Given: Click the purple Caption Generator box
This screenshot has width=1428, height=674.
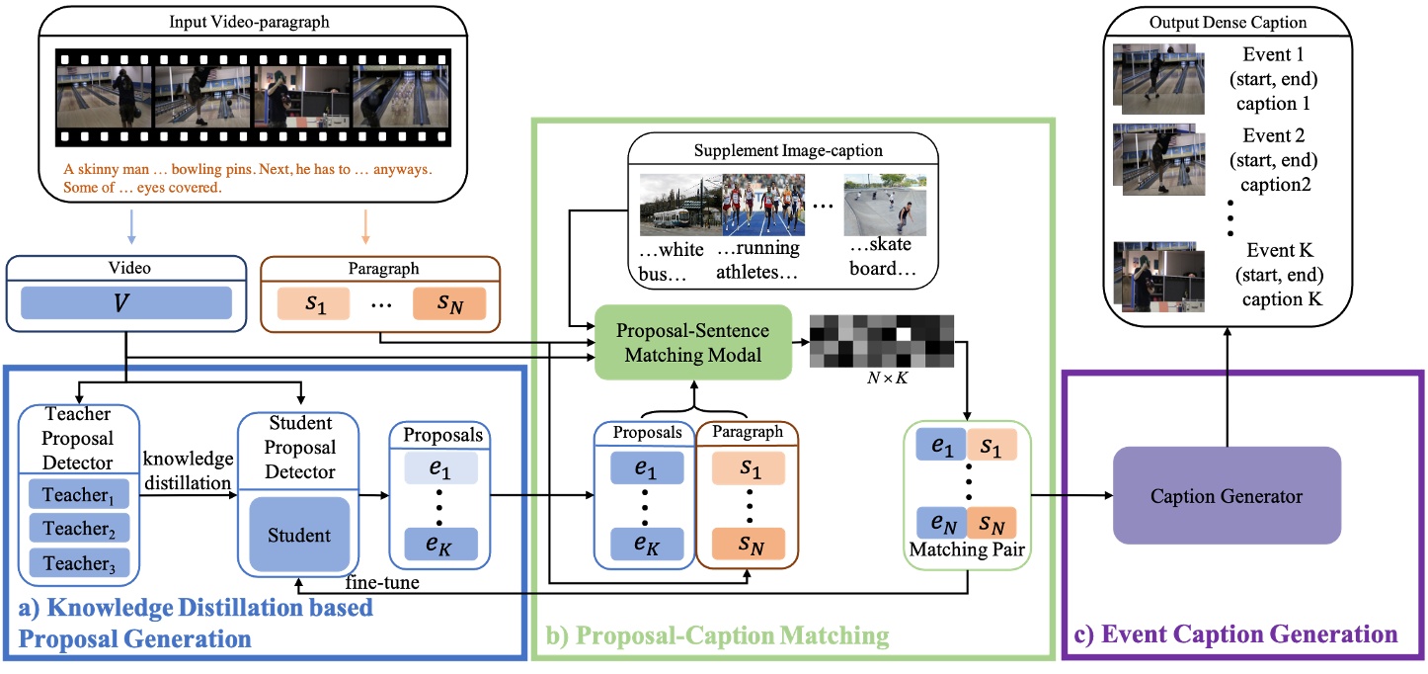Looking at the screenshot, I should tap(1226, 496).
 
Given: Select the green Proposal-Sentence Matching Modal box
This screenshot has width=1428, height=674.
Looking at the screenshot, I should tap(693, 342).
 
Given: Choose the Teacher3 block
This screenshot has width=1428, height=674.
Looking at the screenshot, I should tap(78, 562).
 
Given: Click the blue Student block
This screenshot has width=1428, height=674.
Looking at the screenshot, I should tap(299, 536).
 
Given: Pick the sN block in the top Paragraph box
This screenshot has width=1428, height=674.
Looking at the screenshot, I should tap(449, 302).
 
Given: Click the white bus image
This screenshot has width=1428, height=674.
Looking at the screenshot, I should tap(679, 205).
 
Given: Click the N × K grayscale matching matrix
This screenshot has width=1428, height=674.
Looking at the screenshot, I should tap(881, 342).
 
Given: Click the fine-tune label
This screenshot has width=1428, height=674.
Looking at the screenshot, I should tap(382, 584).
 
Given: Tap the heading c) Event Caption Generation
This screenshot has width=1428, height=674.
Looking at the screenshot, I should tap(1240, 632).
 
